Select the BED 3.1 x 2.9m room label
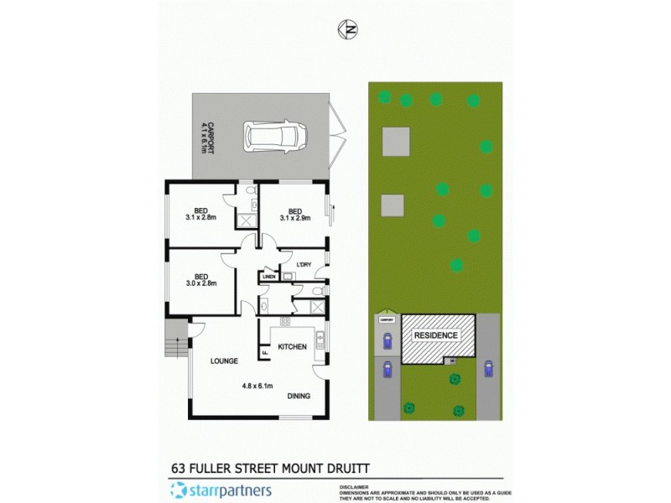(294, 215)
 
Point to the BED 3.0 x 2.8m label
(201, 279)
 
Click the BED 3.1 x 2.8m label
(201, 215)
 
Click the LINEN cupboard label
(268, 277)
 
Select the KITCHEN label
(292, 346)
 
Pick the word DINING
(299, 396)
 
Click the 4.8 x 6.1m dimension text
(258, 386)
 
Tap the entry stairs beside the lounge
(175, 340)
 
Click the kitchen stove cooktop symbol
(285, 322)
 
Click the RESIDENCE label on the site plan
(434, 335)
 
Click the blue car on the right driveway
(488, 369)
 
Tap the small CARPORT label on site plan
(387, 319)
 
